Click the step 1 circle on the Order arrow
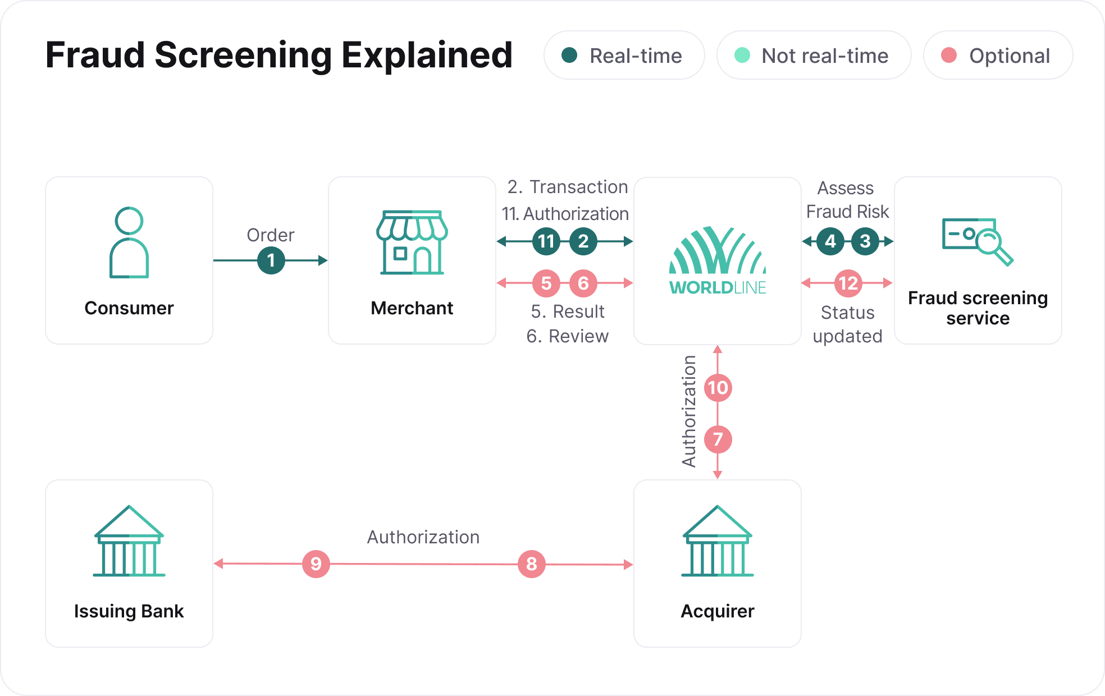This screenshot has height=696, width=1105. [x=271, y=260]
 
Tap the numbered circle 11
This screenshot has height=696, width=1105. [x=546, y=241]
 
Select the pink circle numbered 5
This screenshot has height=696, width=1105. [x=546, y=283]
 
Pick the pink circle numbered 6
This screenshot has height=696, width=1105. [x=583, y=283]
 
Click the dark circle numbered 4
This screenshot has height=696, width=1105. [x=830, y=241]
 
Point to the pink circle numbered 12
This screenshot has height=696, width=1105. [x=848, y=283]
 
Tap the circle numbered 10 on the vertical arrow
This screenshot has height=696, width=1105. [x=718, y=388]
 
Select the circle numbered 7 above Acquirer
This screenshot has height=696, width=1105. [x=718, y=439]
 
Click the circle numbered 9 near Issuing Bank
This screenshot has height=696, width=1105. [x=316, y=564]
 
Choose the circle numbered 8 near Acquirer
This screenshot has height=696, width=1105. [x=532, y=564]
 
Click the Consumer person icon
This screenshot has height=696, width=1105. [x=129, y=242]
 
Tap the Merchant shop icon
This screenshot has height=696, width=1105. [x=412, y=242]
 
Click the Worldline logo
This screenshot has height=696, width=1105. [x=718, y=261]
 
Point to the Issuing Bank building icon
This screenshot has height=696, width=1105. [x=129, y=541]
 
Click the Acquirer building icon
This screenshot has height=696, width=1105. [x=718, y=541]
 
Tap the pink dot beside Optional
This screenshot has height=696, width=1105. [x=949, y=55]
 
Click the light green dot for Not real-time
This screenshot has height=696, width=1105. [x=742, y=55]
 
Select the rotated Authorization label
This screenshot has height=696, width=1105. [x=689, y=411]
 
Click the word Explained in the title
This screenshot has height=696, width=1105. [x=427, y=55]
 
